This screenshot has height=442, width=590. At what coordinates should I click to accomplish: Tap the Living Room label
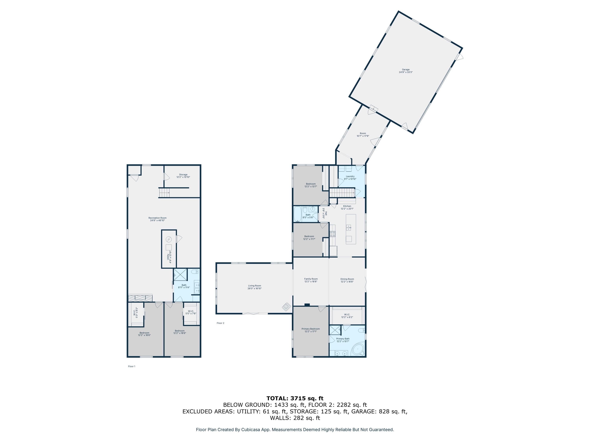(254, 287)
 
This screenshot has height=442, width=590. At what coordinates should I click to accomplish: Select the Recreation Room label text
(157, 219)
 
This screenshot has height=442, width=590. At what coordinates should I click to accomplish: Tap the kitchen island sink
(348, 227)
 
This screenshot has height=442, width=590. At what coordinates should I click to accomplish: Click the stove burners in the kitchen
(332, 234)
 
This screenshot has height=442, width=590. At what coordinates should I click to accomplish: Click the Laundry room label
(350, 177)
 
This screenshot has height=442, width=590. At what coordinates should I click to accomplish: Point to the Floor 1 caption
(132, 366)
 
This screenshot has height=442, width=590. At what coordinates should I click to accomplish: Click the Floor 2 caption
(220, 323)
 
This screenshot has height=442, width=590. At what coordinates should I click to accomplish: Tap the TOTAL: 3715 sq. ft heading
(295, 398)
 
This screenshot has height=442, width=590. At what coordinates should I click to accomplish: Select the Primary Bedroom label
(311, 330)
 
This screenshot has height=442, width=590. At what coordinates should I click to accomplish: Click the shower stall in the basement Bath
(180, 275)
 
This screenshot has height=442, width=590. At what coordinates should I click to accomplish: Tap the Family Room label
(311, 280)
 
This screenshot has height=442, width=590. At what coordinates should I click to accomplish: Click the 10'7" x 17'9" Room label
(363, 135)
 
